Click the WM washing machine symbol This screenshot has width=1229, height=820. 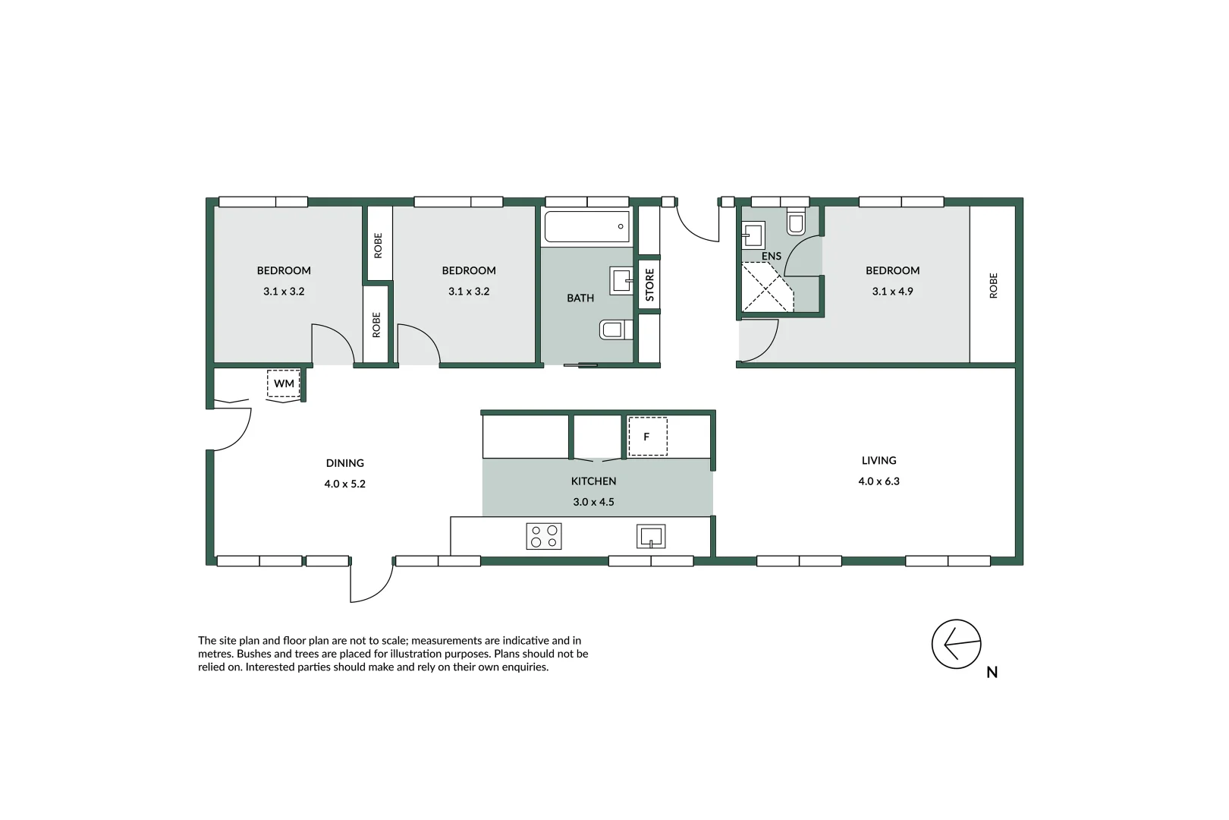coord(284,383)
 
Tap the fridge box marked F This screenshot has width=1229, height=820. coord(647,437)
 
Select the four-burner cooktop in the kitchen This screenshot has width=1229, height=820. coord(544,536)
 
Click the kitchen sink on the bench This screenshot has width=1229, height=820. coord(651,536)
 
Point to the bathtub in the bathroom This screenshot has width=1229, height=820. coord(586,227)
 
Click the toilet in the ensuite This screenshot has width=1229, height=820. coord(796,221)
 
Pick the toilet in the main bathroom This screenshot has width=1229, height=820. coord(616,330)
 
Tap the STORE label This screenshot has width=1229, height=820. coord(649,285)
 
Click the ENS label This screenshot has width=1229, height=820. coord(772,256)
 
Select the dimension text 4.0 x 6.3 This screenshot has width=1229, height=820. coord(879,481)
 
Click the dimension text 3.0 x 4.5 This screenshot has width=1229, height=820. coord(593,502)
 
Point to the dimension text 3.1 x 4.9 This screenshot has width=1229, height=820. coord(892,292)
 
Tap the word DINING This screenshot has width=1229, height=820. coord(345,463)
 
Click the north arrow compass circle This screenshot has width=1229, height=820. coord(956,644)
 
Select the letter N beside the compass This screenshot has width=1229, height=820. coord(992,672)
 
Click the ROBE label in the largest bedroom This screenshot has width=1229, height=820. coord(993,285)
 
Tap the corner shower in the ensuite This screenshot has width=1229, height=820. coord(766,288)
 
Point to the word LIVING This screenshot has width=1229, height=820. coord(879,460)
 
